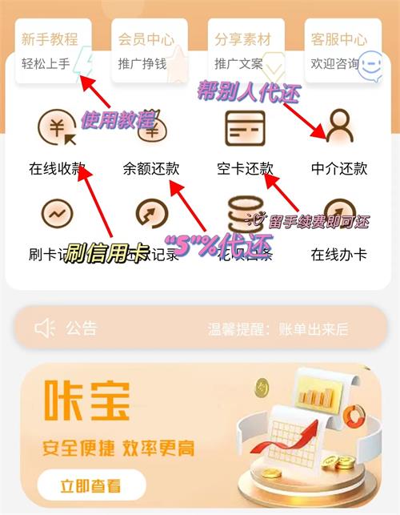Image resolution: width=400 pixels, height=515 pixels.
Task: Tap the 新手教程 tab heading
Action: tap(50, 38)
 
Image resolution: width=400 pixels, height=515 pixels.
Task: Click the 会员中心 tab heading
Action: tap(146, 38)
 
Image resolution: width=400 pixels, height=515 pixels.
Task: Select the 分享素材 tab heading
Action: tap(243, 38)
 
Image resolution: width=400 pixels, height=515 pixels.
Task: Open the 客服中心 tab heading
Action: tap(339, 38)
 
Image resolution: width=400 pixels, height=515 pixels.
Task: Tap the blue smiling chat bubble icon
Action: tap(370, 67)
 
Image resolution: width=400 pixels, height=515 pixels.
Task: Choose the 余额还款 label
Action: tap(151, 168)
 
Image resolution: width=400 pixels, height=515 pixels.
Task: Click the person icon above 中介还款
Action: tap(339, 127)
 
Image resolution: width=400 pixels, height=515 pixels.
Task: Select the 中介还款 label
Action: tap(339, 168)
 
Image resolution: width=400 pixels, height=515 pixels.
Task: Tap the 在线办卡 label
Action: tap(339, 255)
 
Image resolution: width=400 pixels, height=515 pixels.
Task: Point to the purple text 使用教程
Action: tap(117, 121)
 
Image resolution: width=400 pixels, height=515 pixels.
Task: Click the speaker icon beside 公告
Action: tap(45, 328)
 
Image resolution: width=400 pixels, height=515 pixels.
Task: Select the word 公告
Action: tap(81, 328)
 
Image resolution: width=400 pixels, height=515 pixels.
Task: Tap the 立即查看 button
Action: tap(91, 485)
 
